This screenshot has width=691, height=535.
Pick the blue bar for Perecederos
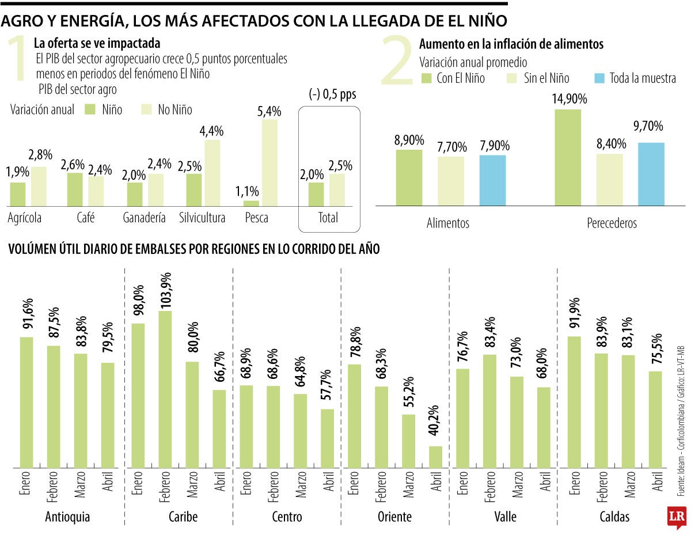point(651,174)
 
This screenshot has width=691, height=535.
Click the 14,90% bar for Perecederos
point(568,157)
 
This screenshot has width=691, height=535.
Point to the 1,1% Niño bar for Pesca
point(251,203)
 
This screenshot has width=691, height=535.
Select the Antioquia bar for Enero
point(26,402)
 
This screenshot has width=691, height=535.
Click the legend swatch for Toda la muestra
point(600,78)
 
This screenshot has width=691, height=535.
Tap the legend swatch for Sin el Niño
point(512,78)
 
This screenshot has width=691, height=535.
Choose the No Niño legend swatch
point(148,109)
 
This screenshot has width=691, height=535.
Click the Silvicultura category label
point(202,218)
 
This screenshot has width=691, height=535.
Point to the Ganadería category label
point(144,218)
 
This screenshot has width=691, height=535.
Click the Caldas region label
point(614,500)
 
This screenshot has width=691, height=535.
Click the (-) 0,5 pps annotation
point(332,95)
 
